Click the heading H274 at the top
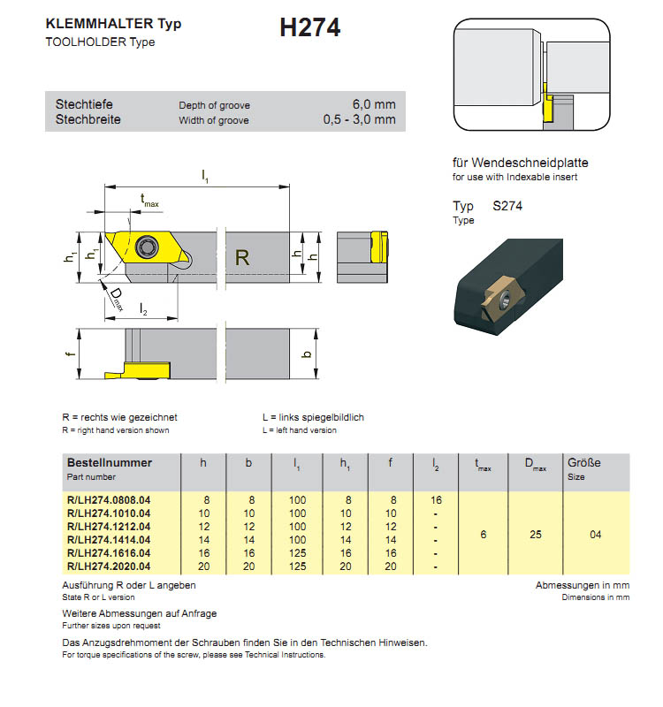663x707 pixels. [309, 28]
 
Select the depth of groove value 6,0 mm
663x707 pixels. [374, 104]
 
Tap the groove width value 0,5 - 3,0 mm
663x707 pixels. [359, 120]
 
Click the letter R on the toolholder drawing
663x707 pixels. [243, 258]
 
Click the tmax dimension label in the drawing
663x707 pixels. [149, 202]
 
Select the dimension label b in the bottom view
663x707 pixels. [307, 353]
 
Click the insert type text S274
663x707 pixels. [509, 206]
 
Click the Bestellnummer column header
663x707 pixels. [110, 462]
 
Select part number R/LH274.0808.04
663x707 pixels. [109, 500]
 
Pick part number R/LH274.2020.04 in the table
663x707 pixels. [109, 566]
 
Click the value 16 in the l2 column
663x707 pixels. [436, 500]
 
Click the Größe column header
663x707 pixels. [583, 462]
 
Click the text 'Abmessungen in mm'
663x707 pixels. [583, 585]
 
